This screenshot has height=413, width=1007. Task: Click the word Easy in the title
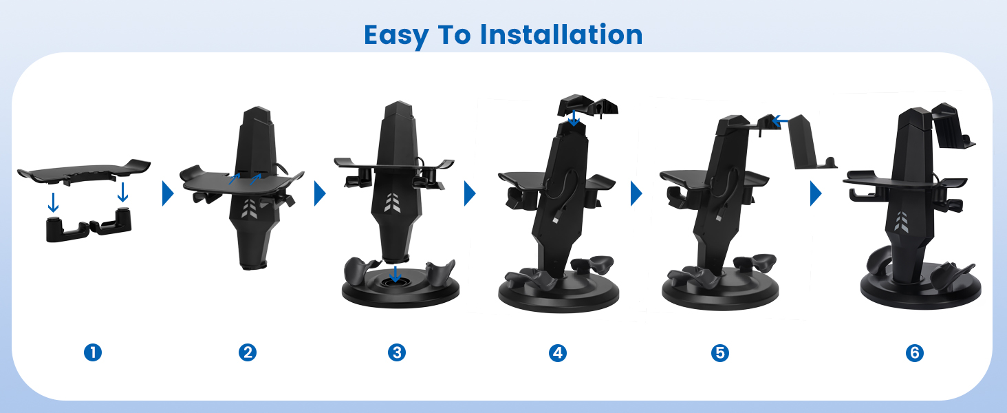coord(396,34)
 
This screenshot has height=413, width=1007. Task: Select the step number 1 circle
coord(92,352)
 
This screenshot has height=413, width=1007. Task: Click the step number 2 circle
coord(247,352)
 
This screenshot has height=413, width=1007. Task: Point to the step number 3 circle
coord(396,352)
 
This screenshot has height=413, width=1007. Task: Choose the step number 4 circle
coord(557,352)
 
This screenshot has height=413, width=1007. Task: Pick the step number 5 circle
coord(719,352)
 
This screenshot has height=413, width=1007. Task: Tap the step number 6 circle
coord(914,352)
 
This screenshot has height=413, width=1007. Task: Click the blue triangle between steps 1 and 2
coord(168,194)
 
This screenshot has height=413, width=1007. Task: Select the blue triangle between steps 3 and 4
coord(470,194)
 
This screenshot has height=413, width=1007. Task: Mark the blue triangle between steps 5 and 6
coord(816,194)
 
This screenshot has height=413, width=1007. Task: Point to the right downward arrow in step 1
coord(123,192)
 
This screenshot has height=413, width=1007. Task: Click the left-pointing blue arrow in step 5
coord(779,121)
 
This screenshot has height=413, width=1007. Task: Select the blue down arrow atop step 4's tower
coord(574,118)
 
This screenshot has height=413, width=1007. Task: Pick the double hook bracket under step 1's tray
coord(87,226)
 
